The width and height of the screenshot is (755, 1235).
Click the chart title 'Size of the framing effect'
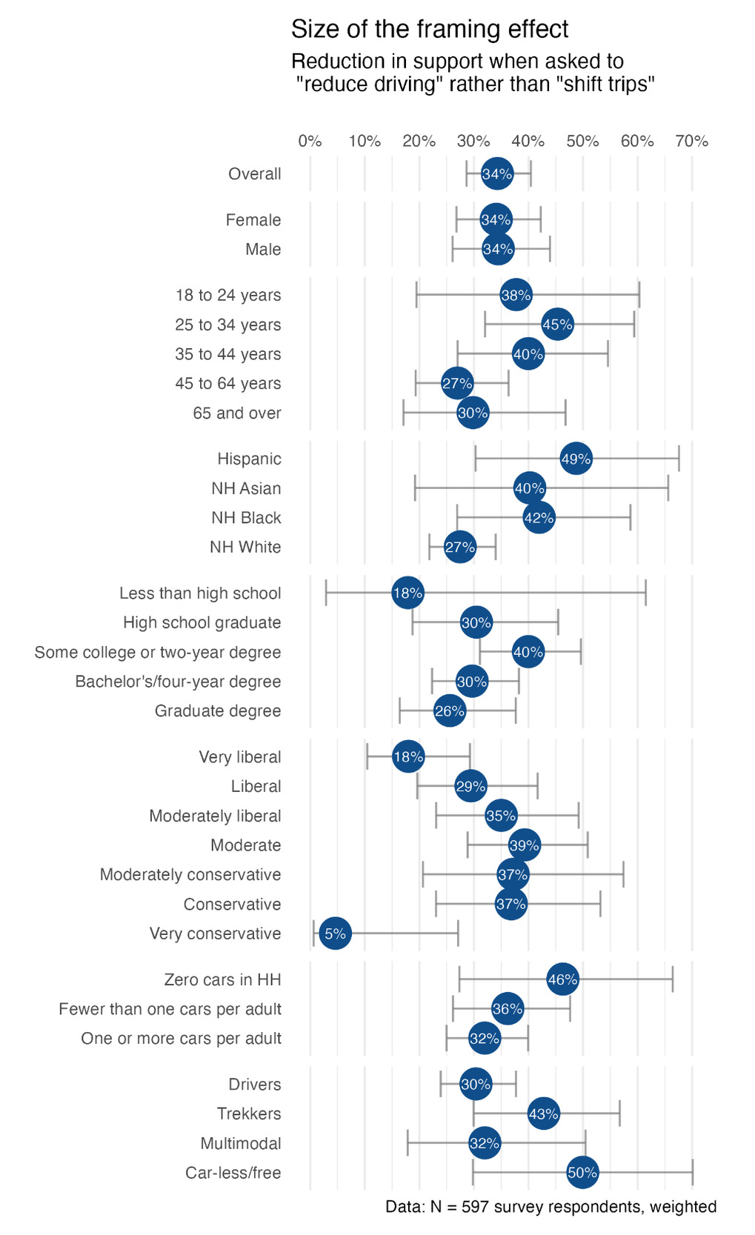[429, 30]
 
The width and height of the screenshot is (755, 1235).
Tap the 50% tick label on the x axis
[582, 142]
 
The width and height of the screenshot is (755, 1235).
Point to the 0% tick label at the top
[310, 142]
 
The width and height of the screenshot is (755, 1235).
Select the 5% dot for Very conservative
[335, 933]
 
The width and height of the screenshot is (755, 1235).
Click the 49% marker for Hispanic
[576, 459]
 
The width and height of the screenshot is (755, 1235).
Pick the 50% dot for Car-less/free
[582, 1173]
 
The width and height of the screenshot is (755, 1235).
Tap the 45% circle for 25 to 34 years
[557, 324]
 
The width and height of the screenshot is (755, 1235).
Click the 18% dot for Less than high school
[408, 593]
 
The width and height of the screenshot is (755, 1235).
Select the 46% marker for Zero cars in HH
[562, 979]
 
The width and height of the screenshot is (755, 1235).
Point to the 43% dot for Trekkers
[543, 1114]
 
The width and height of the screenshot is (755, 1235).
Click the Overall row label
[254, 174]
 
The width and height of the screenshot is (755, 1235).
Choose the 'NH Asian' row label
[246, 488]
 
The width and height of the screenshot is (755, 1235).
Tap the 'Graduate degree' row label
[218, 711]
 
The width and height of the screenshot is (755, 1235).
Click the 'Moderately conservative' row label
[190, 875]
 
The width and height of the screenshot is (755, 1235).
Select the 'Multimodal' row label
[241, 1143]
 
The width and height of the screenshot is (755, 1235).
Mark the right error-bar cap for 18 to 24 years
[639, 295]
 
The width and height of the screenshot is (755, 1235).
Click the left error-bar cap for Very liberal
[367, 757]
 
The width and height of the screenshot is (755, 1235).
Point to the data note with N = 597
[551, 1207]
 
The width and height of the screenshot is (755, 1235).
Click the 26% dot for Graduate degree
[449, 711]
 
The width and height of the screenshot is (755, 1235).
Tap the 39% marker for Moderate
[524, 845]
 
